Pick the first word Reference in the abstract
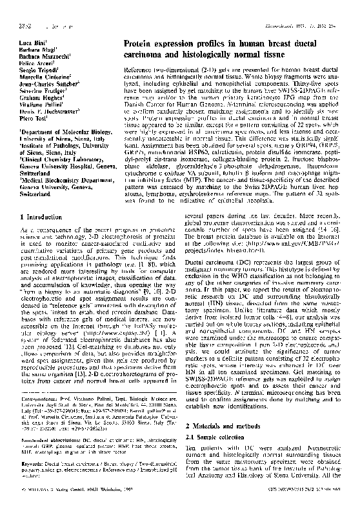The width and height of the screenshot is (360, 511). [x=139, y=67]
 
